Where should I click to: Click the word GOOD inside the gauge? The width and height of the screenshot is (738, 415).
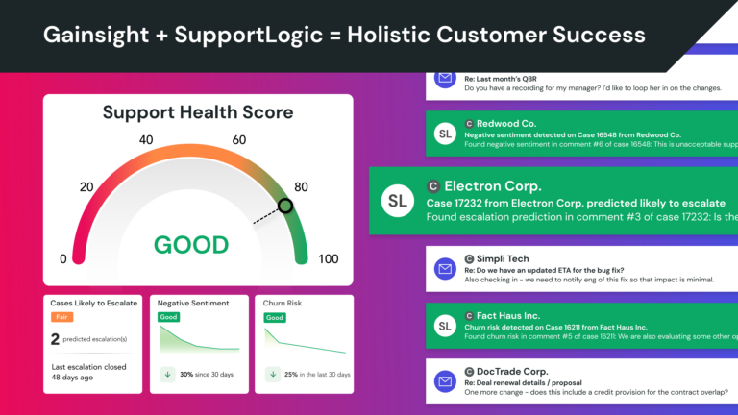click(x=190, y=244)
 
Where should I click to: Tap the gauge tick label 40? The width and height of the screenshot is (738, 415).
click(x=147, y=140)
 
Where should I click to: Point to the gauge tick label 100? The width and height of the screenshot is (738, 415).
click(x=328, y=259)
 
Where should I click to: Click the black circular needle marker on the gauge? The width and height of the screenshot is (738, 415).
click(x=284, y=206)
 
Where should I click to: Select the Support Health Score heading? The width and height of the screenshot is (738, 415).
click(x=198, y=112)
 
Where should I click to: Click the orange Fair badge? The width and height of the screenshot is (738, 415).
click(x=61, y=317)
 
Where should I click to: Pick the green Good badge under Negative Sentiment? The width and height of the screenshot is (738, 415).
click(x=168, y=317)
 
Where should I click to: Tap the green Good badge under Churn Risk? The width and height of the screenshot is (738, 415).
click(x=275, y=317)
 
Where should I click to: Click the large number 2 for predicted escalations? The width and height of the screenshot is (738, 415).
click(x=56, y=338)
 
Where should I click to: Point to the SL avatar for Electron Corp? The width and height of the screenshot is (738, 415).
click(x=396, y=201)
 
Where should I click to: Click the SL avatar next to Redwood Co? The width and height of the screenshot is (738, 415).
click(x=444, y=134)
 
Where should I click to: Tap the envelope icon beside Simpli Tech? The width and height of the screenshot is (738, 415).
click(x=444, y=268)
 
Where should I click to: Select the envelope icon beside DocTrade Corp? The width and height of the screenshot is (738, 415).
click(x=444, y=381)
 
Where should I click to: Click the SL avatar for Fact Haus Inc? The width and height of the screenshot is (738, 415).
click(x=444, y=326)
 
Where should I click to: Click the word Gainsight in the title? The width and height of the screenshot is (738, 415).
click(x=87, y=36)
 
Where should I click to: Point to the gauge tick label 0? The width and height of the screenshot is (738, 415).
click(x=64, y=259)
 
